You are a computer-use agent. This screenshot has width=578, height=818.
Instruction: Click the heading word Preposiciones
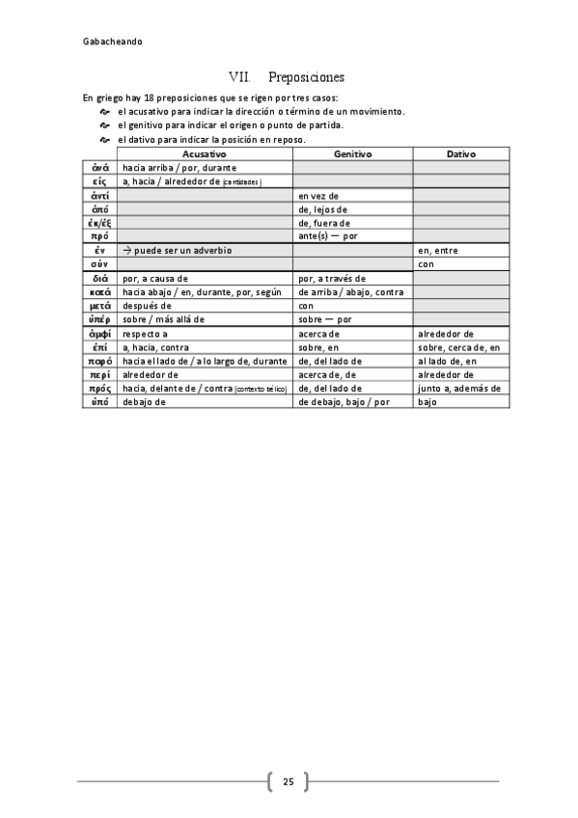306,76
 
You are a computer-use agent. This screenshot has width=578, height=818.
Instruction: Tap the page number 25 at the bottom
289,781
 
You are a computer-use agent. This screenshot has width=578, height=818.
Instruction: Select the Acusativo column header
204,153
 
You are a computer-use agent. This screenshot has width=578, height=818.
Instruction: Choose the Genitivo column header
353,153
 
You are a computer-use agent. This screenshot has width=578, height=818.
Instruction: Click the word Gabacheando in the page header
113,41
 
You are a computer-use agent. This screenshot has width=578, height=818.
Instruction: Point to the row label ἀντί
99,195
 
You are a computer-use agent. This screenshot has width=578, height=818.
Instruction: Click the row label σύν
99,263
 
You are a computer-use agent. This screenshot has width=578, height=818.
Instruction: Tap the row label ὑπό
99,401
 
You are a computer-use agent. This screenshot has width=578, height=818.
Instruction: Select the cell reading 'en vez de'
318,195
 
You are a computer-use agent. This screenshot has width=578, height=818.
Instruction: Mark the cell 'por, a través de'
332,278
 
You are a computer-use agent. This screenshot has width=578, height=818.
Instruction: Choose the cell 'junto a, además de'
458,388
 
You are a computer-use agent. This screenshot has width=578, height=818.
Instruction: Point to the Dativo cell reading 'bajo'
427,401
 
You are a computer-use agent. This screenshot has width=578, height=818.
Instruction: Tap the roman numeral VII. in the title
239,76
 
